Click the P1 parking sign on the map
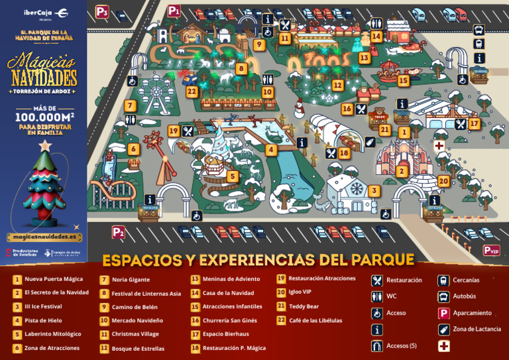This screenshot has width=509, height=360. pyautogui.click(x=174, y=11)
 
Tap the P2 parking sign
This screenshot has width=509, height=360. pyautogui.click(x=118, y=232)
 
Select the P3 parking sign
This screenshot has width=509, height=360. pyautogui.click(x=101, y=11)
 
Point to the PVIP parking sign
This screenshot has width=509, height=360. pyautogui.click(x=491, y=250)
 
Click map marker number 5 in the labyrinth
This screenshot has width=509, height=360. pyautogui.click(x=232, y=176)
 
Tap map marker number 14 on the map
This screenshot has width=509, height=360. pyautogui.click(x=376, y=37)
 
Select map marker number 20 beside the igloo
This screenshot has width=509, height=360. pyautogui.click(x=443, y=180)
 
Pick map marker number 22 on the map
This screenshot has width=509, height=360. pyautogui.click(x=192, y=91)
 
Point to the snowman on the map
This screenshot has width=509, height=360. pyautogui.click(x=299, y=107)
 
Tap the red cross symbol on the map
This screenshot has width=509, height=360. pyautogui.click(x=439, y=145)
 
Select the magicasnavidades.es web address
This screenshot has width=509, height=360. pyautogui.click(x=44, y=237)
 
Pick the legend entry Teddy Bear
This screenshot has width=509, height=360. pyautogui.click(x=304, y=306)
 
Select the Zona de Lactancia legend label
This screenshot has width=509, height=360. pyautogui.click(x=477, y=329)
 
